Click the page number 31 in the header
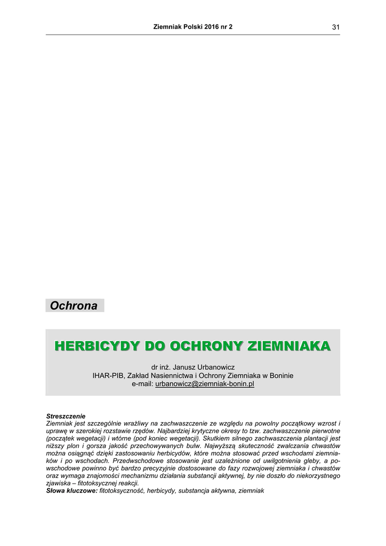point(335,27)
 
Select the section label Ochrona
point(74,306)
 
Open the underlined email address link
point(205,384)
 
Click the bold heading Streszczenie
point(66,416)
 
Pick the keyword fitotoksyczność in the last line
point(121,490)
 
